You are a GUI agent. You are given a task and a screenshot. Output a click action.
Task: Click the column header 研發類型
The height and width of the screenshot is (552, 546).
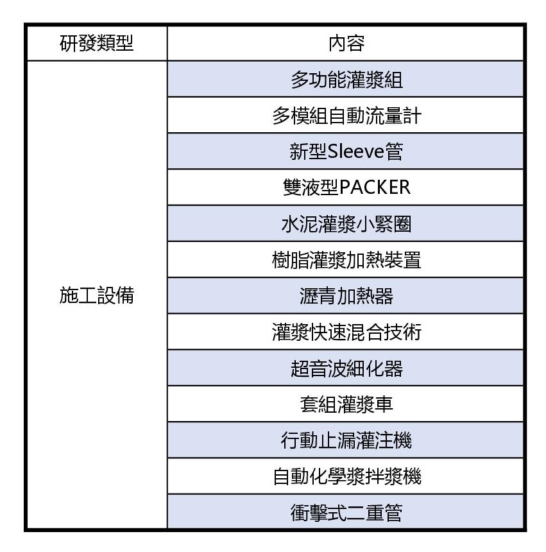(97, 44)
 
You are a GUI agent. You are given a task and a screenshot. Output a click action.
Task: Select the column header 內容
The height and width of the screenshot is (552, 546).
(346, 44)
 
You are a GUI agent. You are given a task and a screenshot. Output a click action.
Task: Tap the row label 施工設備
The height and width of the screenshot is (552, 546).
(97, 295)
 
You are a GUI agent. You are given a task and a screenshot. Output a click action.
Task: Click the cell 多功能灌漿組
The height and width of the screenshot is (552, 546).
(346, 80)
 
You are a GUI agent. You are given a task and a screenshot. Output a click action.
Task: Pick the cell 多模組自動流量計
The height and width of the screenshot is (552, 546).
(346, 116)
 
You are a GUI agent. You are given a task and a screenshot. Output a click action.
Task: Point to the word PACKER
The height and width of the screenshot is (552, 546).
(375, 187)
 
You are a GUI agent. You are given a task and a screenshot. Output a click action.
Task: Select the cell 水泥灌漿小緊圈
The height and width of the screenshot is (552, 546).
(346, 223)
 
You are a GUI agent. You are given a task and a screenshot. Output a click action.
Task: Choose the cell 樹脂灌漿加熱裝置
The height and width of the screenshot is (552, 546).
(346, 260)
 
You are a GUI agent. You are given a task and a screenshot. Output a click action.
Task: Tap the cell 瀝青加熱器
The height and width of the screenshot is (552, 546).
(346, 296)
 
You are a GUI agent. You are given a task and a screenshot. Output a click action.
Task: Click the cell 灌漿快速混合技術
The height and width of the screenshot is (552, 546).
(346, 332)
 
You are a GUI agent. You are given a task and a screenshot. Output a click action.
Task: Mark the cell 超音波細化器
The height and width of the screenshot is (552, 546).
(346, 368)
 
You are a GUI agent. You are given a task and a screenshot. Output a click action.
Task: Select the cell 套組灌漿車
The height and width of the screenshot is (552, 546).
(346, 404)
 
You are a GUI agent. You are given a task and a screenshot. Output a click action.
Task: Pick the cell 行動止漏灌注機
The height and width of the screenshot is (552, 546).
(346, 440)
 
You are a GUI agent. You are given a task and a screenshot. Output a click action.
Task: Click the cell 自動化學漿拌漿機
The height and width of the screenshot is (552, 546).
(346, 476)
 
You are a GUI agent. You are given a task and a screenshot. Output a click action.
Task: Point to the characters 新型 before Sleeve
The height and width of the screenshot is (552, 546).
(309, 151)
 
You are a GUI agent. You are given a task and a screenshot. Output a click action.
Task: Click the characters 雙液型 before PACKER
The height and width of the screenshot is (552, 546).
(311, 187)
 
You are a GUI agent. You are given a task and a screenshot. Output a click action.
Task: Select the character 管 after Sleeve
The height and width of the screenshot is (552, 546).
(394, 151)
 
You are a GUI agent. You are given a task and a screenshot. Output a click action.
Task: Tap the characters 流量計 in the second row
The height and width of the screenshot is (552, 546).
(393, 116)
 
